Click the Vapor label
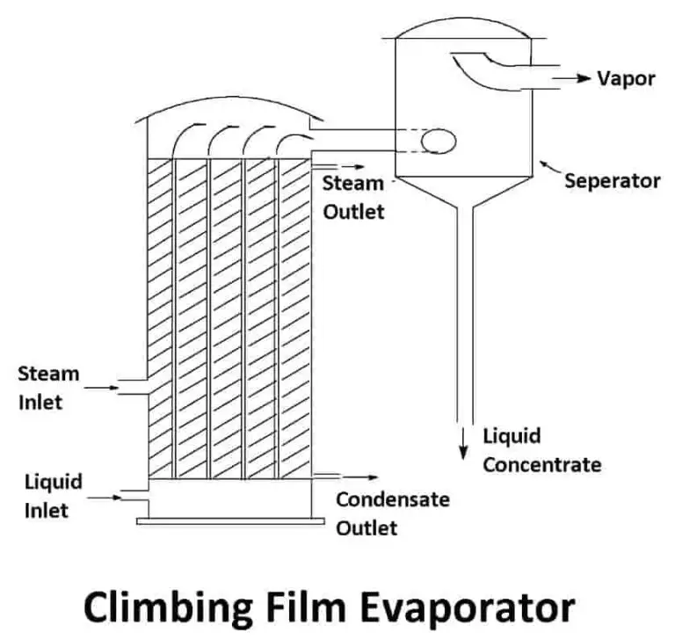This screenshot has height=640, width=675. [x=626, y=78]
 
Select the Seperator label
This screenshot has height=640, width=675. [x=612, y=181]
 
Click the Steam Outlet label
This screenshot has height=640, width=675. [x=353, y=197]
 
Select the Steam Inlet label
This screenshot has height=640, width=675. [x=48, y=387]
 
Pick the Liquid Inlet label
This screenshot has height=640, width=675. [x=54, y=495]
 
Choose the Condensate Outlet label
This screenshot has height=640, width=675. [x=393, y=513]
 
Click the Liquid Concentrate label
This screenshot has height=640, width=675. [x=542, y=450]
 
